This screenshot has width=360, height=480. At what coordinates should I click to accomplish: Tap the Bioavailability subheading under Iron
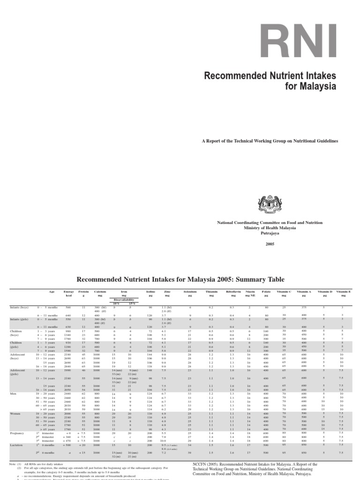(124, 300)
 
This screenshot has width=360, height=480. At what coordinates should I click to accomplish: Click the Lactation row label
(17, 445)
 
